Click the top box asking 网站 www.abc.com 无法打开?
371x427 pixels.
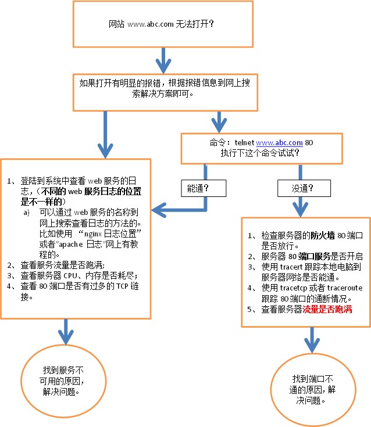[x=162, y=25]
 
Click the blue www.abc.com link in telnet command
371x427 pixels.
[x=279, y=142]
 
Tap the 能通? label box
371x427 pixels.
[x=198, y=189]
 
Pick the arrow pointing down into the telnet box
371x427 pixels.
[x=219, y=121]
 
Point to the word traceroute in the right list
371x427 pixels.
[x=331, y=288]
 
